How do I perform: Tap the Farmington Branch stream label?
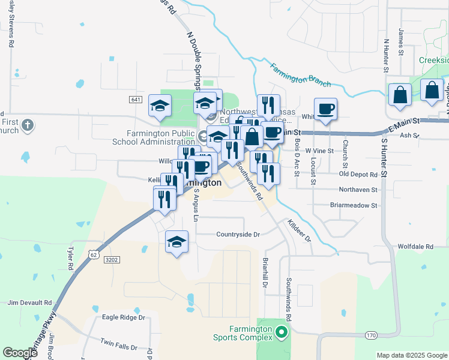pyautogui.click(x=300, y=73)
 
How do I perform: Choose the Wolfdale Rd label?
pyautogui.click(x=415, y=247)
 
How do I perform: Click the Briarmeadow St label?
pyautogui.click(x=353, y=205)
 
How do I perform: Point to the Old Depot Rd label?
pyautogui.click(x=358, y=174)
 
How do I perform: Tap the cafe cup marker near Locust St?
pyautogui.click(x=325, y=110)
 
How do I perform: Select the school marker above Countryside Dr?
pyautogui.click(x=176, y=242)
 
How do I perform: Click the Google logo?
pyautogui.click(x=20, y=352)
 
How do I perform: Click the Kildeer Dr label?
pyautogui.click(x=300, y=230)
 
